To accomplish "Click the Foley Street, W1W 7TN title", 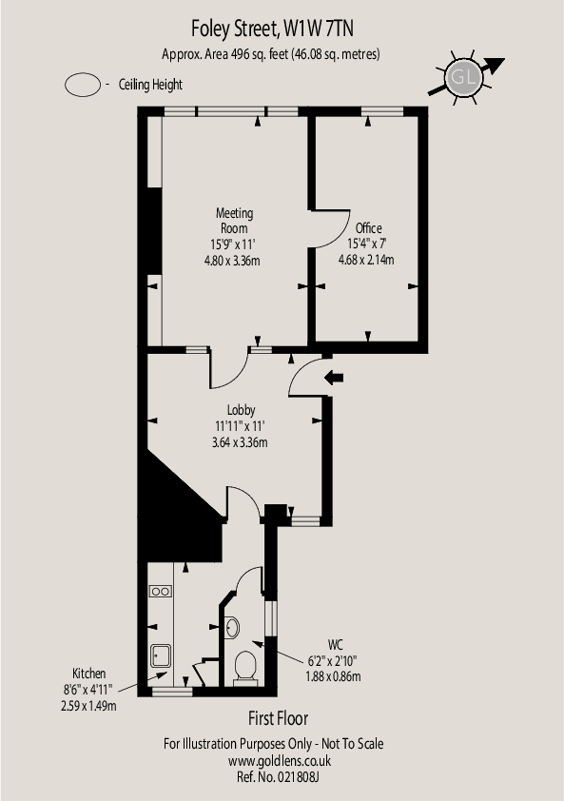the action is (272, 29).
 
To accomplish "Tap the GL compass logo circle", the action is (463, 78).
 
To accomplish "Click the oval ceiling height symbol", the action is (83, 85).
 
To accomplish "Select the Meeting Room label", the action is (234, 220).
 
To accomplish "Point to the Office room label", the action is (368, 227).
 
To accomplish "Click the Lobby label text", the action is (242, 410).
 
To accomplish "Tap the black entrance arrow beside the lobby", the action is (334, 378).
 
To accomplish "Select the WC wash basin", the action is (232, 627).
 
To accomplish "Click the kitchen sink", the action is (161, 655).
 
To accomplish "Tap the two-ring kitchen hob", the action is (160, 592).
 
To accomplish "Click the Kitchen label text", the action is (88, 674).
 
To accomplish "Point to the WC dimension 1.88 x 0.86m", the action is (333, 676).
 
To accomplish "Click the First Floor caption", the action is (279, 718).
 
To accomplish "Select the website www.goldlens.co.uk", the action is (280, 761).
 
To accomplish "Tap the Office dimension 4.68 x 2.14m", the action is (366, 260).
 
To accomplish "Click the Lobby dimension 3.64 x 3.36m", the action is (240, 441).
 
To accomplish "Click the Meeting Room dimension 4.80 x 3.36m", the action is (232, 261).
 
